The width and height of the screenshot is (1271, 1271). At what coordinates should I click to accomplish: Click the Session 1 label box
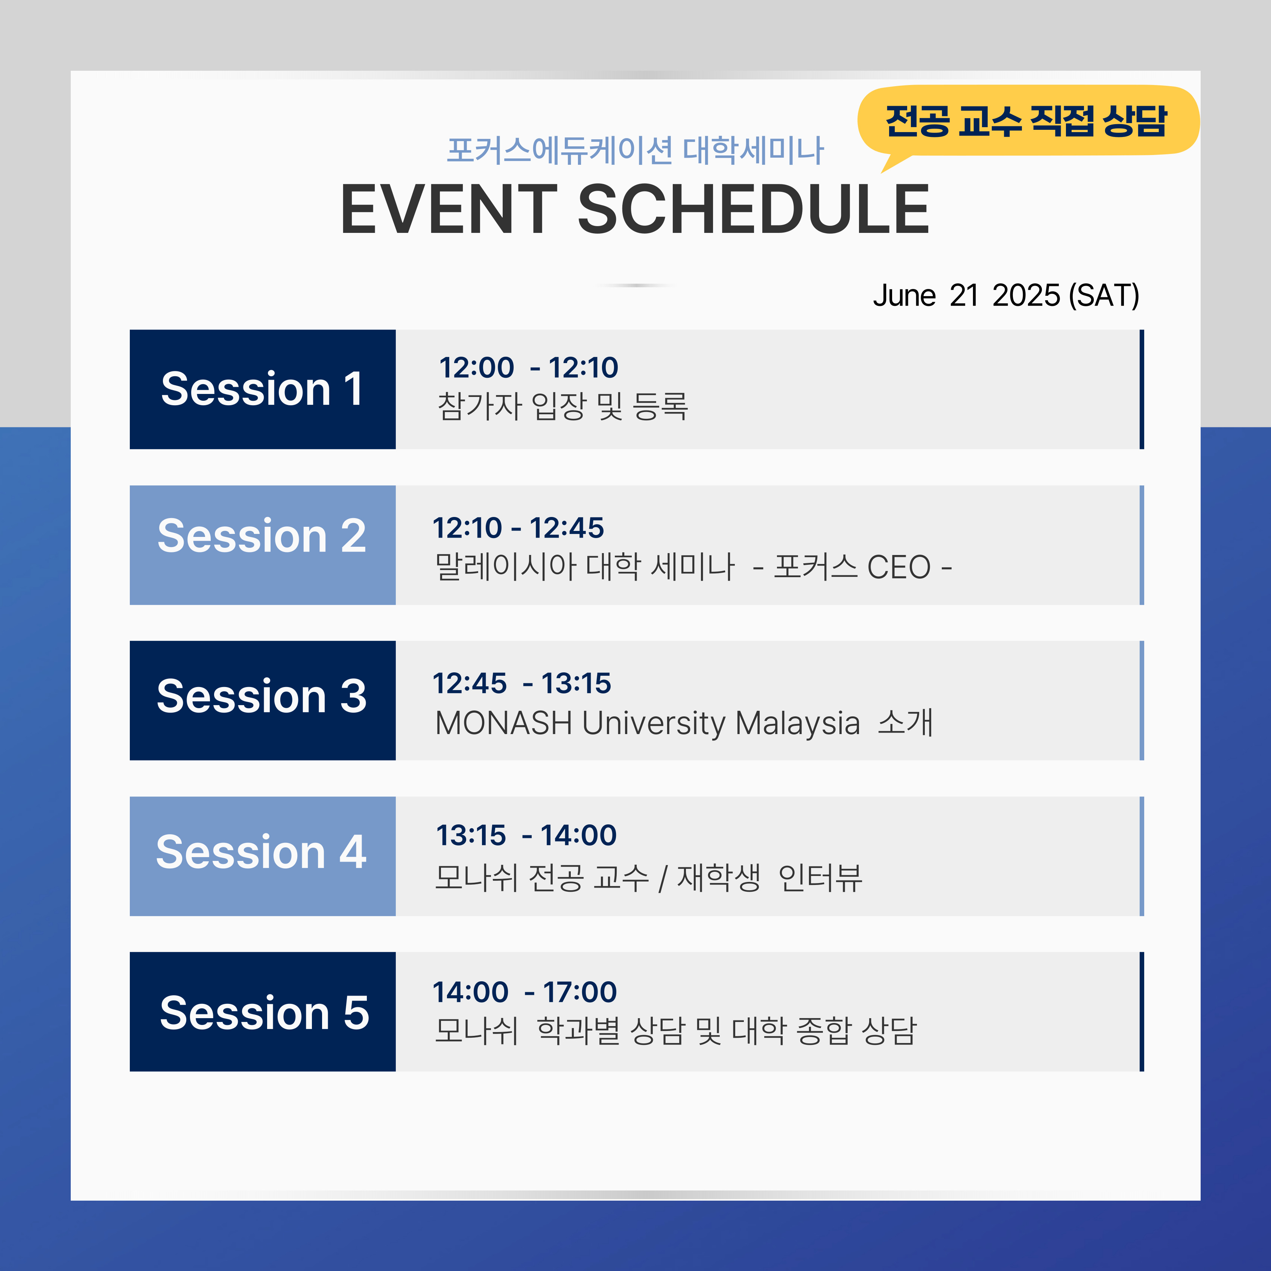(263, 389)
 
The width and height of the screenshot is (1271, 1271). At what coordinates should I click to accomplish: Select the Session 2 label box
(263, 545)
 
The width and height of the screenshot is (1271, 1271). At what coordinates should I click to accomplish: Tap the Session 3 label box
(263, 701)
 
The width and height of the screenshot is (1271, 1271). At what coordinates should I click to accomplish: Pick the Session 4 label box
(263, 856)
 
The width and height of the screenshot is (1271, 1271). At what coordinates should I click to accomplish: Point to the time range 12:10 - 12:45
(518, 528)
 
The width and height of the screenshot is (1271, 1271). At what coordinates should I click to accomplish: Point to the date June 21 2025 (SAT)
(1006, 295)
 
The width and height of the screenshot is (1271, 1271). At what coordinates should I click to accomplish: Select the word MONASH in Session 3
(504, 723)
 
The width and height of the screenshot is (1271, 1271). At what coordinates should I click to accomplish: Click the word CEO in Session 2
(899, 567)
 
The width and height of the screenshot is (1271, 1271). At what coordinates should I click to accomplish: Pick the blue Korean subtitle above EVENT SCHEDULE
(635, 150)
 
